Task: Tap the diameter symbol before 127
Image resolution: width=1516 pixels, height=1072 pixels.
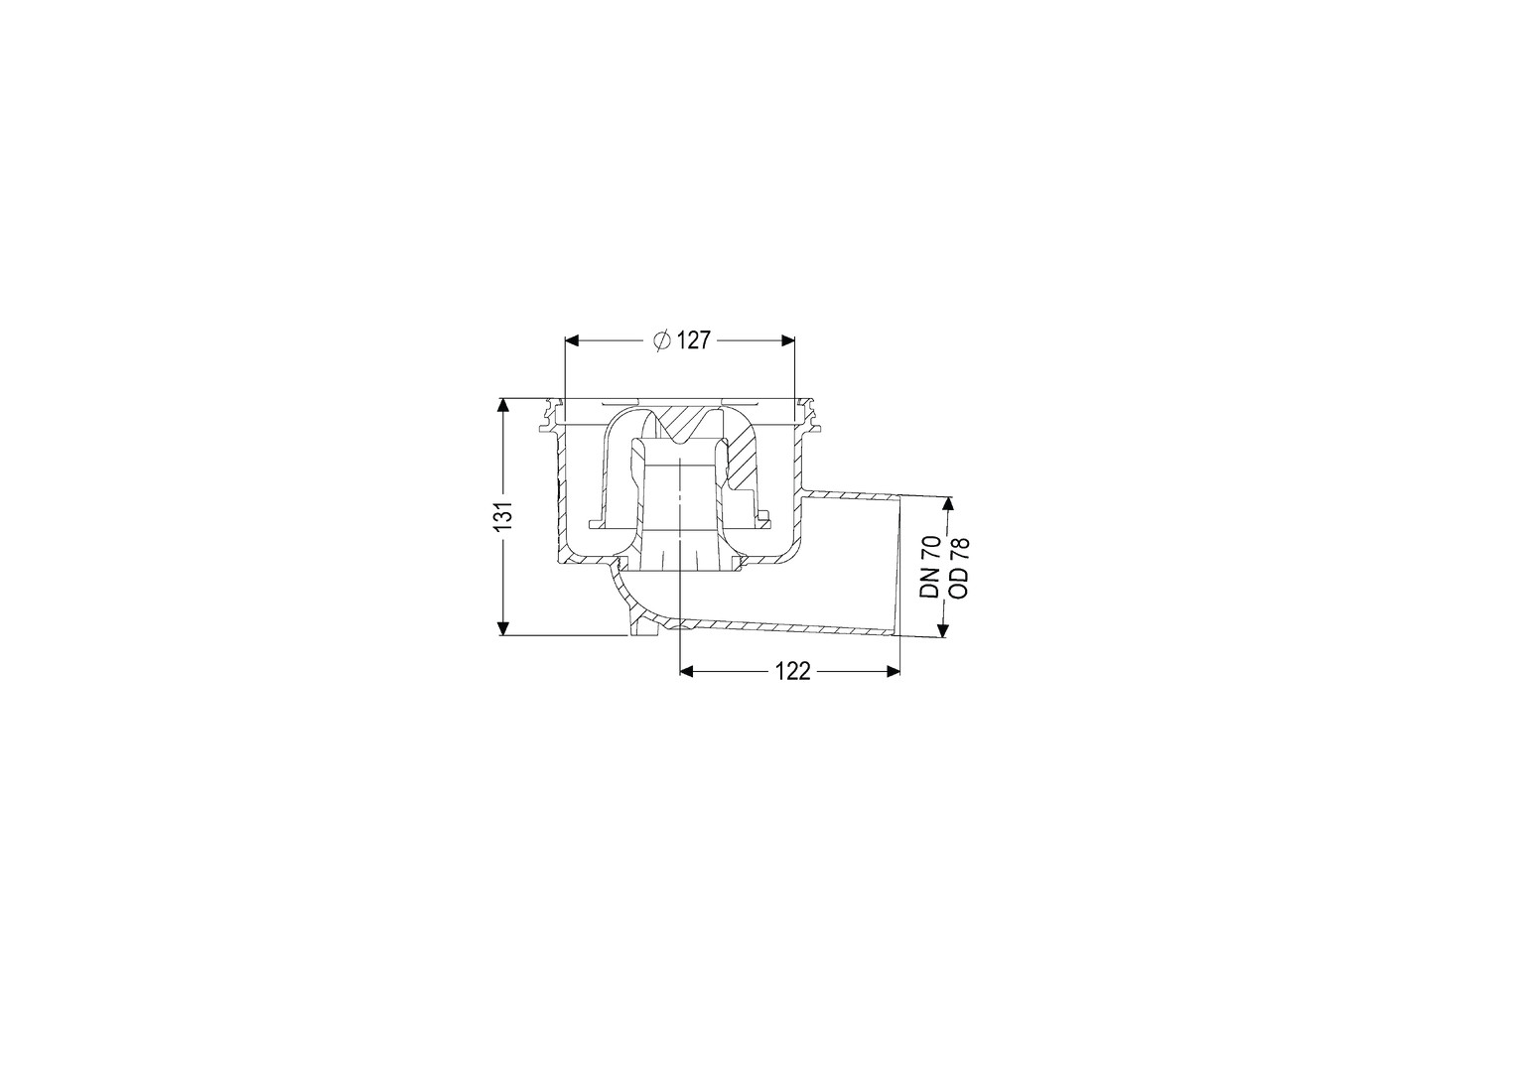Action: click(x=662, y=340)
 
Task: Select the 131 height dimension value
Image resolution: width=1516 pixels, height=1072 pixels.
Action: click(x=503, y=516)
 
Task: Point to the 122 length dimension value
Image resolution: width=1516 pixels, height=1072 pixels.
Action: click(x=792, y=671)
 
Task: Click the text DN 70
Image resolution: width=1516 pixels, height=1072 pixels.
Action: click(x=930, y=567)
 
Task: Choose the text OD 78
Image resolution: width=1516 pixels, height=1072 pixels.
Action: click(x=960, y=567)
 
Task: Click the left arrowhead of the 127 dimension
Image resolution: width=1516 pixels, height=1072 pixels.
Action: click(x=572, y=340)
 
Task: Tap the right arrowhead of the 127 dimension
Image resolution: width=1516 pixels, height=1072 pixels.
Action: click(x=787, y=340)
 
